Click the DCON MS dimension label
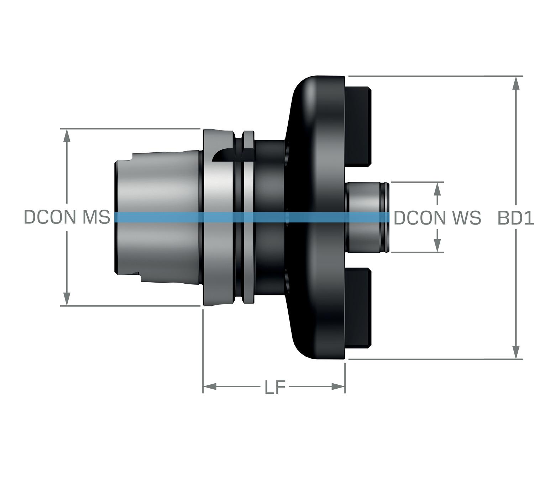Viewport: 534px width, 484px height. pyautogui.click(x=67, y=217)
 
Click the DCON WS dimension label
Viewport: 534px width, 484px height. pyautogui.click(x=438, y=218)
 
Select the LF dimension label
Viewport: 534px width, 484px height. pyautogui.click(x=275, y=387)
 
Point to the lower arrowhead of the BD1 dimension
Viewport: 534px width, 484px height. pyautogui.click(x=515, y=352)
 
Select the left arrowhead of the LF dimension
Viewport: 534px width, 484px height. pyautogui.click(x=210, y=386)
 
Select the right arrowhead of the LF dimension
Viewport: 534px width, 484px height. pyautogui.click(x=338, y=386)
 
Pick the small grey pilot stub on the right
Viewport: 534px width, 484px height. pyautogui.click(x=367, y=199)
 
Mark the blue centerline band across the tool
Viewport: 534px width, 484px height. pyautogui.click(x=249, y=217)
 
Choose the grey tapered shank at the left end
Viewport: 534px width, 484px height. pyautogui.click(x=157, y=185)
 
